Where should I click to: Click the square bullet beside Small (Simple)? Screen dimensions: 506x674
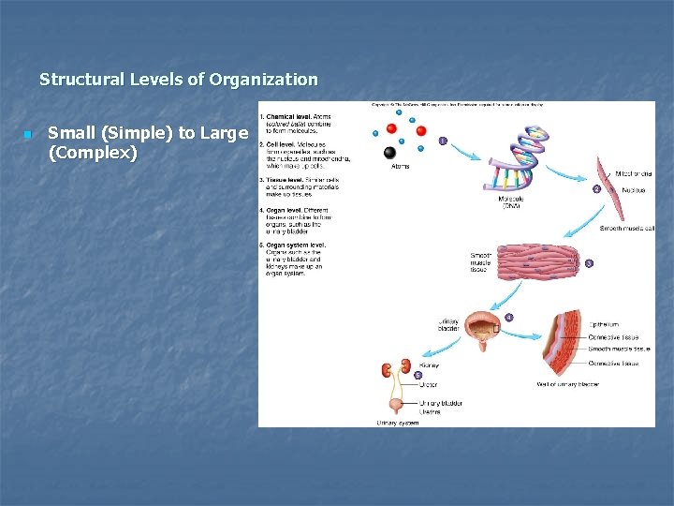coord(28,134)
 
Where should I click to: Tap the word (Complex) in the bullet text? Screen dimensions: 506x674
coord(93,153)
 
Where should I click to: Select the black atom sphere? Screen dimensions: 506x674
coord(389,153)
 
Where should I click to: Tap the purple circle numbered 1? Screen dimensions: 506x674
coord(443,142)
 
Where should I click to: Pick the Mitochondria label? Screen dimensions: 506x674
coord(633,173)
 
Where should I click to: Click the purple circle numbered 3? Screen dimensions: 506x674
coord(588,263)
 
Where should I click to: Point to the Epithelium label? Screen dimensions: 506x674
coord(605,325)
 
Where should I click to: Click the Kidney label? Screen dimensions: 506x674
coord(430,365)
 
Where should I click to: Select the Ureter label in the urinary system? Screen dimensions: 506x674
coord(429,384)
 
